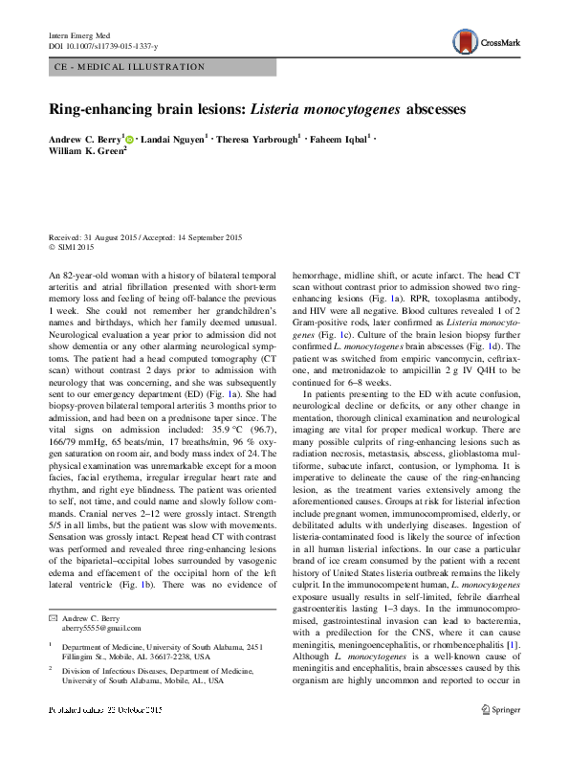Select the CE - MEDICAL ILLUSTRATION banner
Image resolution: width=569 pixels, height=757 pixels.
click(x=127, y=67)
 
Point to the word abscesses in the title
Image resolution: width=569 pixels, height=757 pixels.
click(x=435, y=109)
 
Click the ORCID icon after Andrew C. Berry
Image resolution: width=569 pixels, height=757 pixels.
click(x=129, y=139)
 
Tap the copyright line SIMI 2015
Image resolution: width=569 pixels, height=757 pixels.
click(x=70, y=246)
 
